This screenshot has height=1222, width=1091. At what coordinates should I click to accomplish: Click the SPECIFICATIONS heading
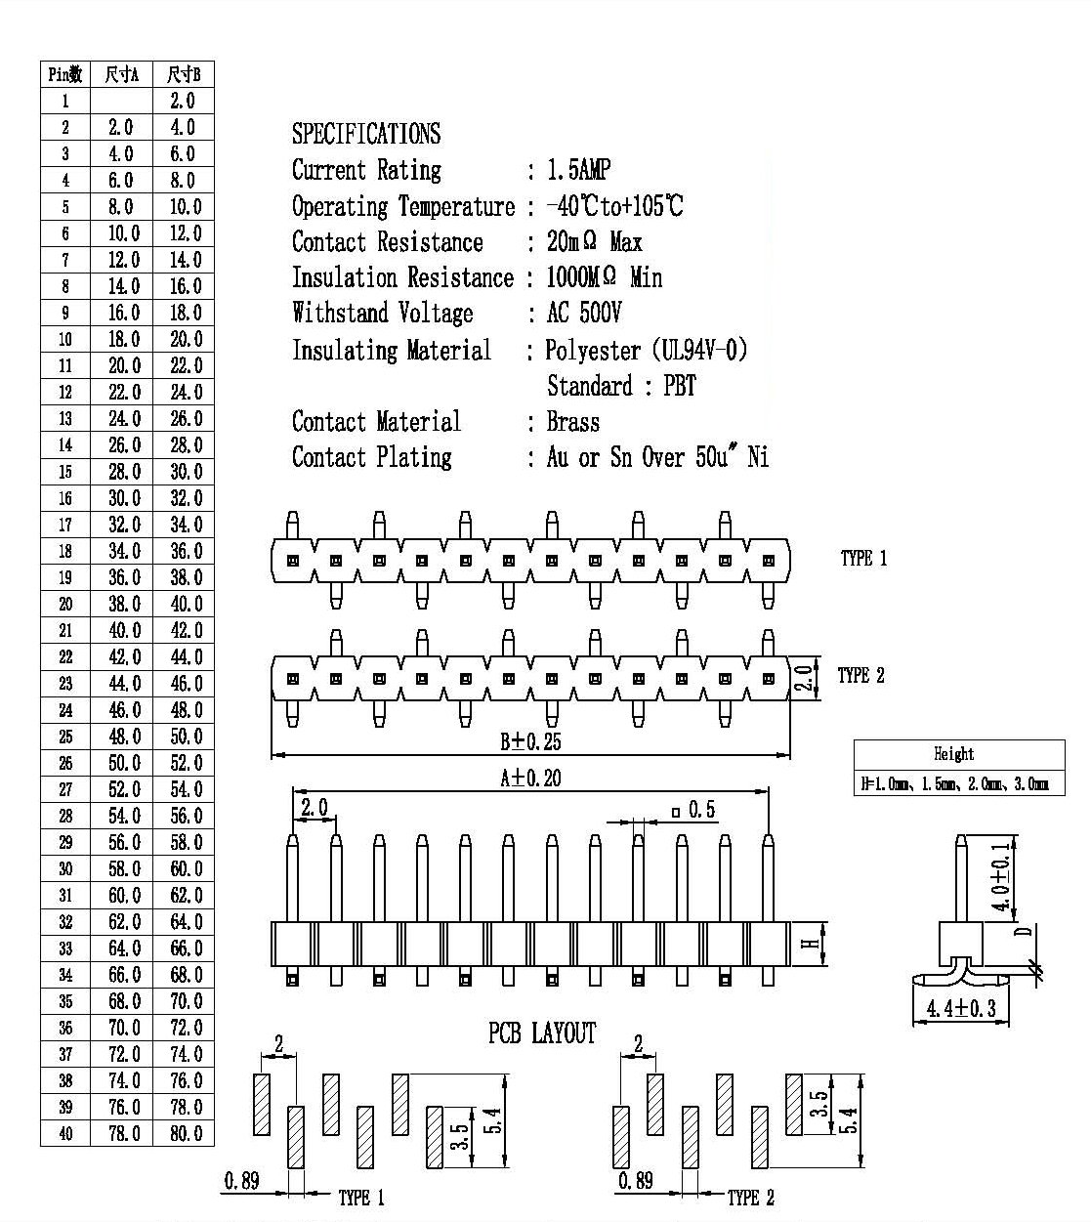coord(366,133)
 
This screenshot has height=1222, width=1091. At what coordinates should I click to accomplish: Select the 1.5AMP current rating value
coord(578,170)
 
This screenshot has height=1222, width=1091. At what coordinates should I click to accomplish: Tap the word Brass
coord(573,422)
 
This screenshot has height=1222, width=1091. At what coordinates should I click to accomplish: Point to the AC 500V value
coord(584,313)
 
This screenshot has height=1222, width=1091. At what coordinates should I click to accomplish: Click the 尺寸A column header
coord(121,74)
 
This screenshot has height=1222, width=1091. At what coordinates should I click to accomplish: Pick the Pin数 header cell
coord(65,74)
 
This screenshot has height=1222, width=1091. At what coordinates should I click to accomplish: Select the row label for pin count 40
coord(65,1133)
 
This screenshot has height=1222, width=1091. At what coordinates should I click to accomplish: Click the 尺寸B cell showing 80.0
coord(186,1133)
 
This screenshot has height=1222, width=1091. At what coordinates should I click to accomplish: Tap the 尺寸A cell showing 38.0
coord(124,604)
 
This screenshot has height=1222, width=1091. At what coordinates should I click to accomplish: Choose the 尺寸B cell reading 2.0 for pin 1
coord(183,101)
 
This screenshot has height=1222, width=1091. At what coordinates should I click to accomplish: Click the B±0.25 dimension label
coord(530,741)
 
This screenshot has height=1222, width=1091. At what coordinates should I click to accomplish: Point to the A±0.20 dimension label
coord(530,779)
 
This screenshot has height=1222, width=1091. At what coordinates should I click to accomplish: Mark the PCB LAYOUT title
coord(542,1033)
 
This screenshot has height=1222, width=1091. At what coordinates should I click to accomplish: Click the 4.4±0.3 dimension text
coord(961,1008)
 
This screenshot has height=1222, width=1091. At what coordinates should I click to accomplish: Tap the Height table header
coord(953,754)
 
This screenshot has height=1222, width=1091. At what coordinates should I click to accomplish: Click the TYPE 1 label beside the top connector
coord(863,559)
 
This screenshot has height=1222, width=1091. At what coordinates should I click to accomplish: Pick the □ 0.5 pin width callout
coord(693,810)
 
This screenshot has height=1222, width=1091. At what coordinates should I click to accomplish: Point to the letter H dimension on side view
coord(812,944)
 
